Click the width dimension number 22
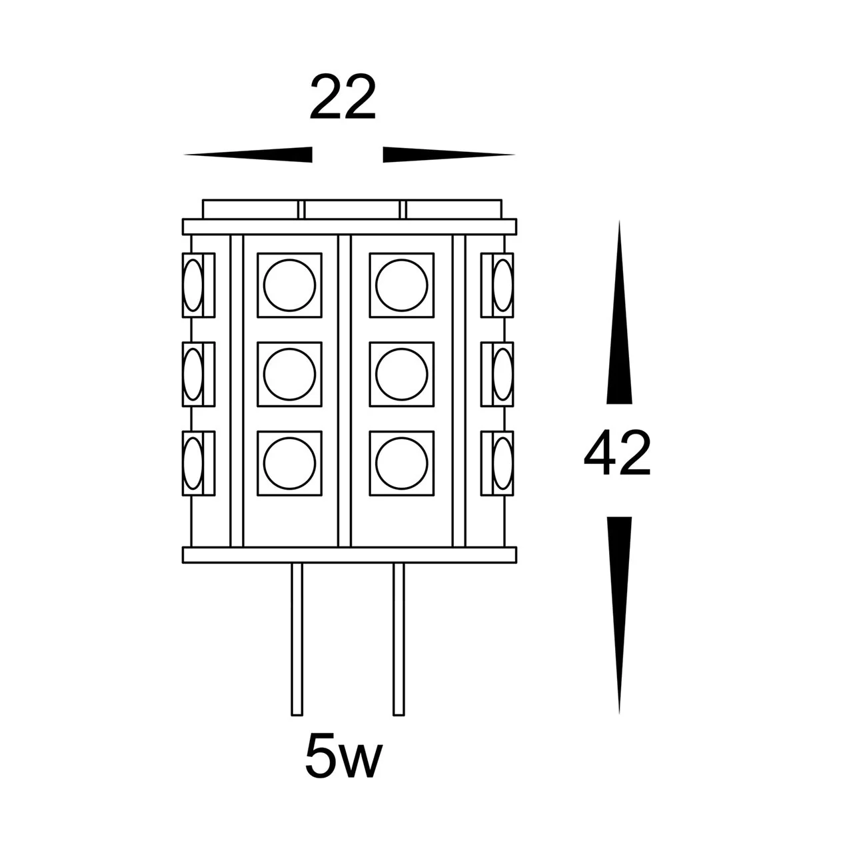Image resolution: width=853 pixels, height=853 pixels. pos(343,98)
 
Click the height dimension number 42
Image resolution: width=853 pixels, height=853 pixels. pos(617,453)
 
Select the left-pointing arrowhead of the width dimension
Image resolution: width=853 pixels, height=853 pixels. pos(248,155)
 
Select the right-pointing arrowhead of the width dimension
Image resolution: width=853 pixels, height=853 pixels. pos(449,155)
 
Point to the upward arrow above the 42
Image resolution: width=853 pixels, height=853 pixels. pos(619,312)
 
